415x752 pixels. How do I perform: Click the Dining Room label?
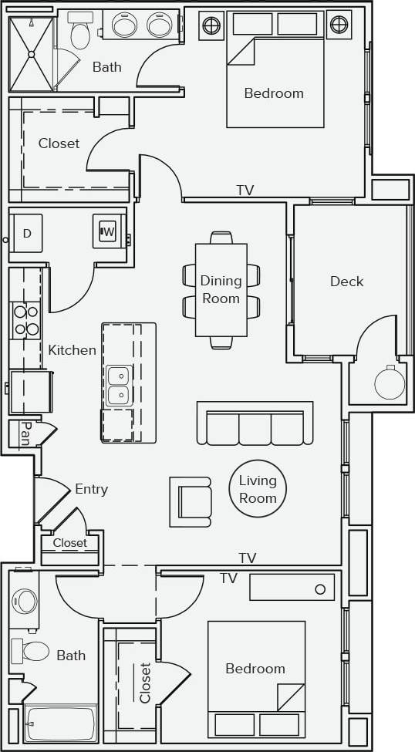pyautogui.click(x=221, y=290)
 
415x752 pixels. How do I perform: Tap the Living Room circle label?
pyautogui.click(x=258, y=489)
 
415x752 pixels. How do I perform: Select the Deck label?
pyautogui.click(x=346, y=282)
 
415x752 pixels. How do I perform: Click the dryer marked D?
pyautogui.click(x=26, y=234)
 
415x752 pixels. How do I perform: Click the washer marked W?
pyautogui.click(x=108, y=231)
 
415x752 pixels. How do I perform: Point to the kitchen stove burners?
pyautogui.click(x=25, y=321)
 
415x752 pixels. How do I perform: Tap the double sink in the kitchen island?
pyautogui.click(x=118, y=386)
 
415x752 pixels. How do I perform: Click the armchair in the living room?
pyautogui.click(x=191, y=501)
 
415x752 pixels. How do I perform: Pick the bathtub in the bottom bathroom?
pyautogui.click(x=60, y=723)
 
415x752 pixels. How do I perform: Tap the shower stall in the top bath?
pyautogui.click(x=31, y=53)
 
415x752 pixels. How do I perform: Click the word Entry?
pyautogui.click(x=91, y=489)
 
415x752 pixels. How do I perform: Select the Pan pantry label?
pyautogui.click(x=25, y=435)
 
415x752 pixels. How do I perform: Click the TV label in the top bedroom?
pyautogui.click(x=245, y=190)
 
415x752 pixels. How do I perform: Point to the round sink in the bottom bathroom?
pyautogui.click(x=25, y=602)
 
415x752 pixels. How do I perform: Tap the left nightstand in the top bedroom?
pyautogui.click(x=211, y=25)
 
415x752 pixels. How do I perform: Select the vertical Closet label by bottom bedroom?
pyautogui.click(x=145, y=683)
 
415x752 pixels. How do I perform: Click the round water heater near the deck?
pyautogui.click(x=390, y=383)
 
